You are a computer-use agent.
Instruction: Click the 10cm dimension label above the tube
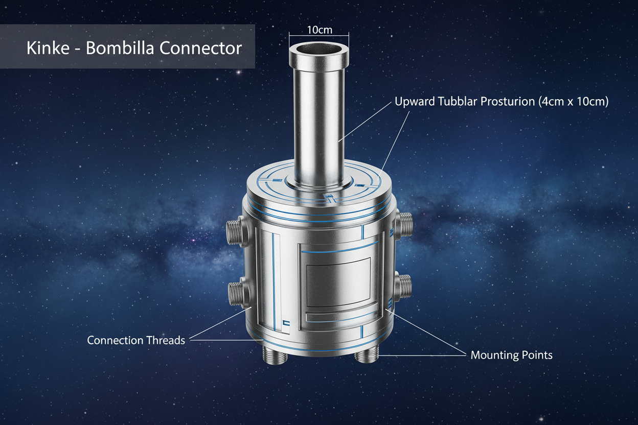[x=319, y=30]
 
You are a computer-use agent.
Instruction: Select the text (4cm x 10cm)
[x=573, y=101]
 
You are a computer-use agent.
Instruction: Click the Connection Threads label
[x=136, y=340]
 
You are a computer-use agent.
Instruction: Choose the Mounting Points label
[x=511, y=355]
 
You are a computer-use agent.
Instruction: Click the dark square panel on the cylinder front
[x=338, y=282]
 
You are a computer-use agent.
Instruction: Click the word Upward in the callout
[x=415, y=101]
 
